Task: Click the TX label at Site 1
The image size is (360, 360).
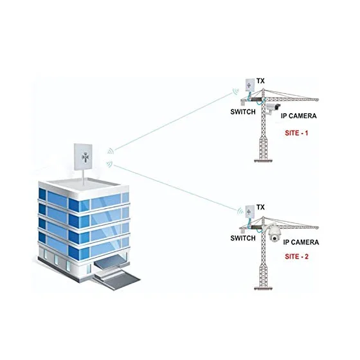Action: pos(260,81)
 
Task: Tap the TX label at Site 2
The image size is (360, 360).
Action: pos(260,207)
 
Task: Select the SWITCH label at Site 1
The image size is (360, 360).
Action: pos(243,112)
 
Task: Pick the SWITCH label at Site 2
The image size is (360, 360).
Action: pos(243,238)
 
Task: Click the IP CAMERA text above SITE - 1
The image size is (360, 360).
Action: pos(299,116)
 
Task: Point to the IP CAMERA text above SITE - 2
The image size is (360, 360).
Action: pos(301,242)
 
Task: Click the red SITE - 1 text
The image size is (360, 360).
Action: pos(296,133)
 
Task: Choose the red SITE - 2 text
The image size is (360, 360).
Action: pos(296,256)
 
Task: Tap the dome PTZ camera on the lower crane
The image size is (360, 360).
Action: pos(274,234)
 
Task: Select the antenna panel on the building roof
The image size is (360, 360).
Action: pos(83,157)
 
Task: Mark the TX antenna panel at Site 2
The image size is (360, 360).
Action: pos(250,212)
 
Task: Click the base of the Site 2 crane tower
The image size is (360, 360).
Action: pos(264,288)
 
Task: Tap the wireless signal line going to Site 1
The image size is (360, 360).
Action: pos(174,121)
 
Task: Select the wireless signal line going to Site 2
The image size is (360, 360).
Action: pos(175,188)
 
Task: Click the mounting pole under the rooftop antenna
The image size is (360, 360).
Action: pos(83,177)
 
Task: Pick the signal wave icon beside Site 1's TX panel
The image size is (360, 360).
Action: pos(236,91)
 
